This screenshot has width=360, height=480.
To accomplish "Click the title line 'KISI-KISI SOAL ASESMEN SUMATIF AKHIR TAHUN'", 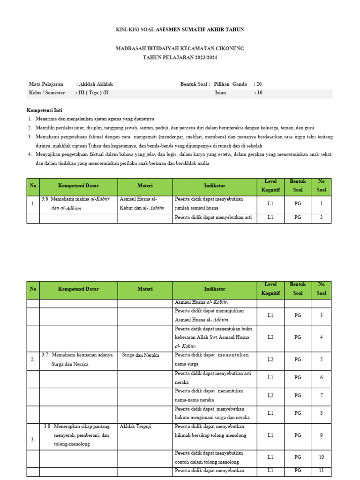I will pyautogui.click(x=180, y=30).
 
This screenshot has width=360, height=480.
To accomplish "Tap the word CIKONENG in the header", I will pyautogui.click(x=228, y=48).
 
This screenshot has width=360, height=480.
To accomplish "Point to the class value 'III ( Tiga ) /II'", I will pyautogui.click(x=93, y=93).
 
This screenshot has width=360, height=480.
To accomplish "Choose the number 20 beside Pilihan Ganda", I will pyautogui.click(x=258, y=84).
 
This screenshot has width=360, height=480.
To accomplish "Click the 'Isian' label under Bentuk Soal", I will pyautogui.click(x=220, y=93).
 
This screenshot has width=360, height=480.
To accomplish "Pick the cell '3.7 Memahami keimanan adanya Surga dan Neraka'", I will pyautogui.click(x=78, y=359).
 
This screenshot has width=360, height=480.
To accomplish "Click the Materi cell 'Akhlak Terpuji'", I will pyautogui.click(x=135, y=427).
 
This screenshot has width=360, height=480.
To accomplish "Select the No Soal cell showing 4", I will pyautogui.click(x=321, y=337).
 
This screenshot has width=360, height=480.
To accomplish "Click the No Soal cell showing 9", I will pyautogui.click(x=321, y=435).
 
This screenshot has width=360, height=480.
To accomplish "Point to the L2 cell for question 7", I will pyautogui.click(x=270, y=395).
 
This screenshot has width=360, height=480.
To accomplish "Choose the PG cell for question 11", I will pyautogui.click(x=298, y=471).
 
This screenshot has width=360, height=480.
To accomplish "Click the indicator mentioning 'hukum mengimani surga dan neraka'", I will pyautogui.click(x=212, y=413).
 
